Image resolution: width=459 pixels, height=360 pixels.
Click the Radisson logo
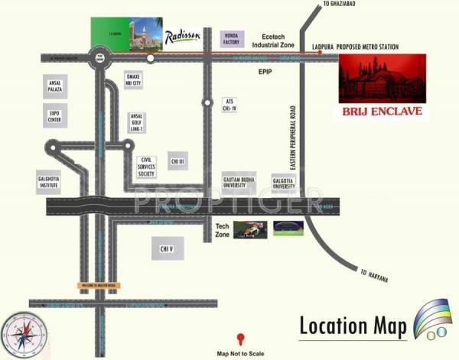[x=182, y=35]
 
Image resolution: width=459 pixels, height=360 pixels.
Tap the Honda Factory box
[x=232, y=39]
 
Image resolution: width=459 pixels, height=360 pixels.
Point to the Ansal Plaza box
[x=54, y=87]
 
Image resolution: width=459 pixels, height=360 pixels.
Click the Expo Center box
[x=54, y=116]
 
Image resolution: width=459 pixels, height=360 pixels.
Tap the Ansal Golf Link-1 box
[x=138, y=122]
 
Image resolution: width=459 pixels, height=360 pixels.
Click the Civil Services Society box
[x=146, y=167]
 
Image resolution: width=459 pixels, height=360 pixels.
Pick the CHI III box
[x=178, y=161]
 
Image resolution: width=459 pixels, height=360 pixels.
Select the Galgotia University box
[x=285, y=182]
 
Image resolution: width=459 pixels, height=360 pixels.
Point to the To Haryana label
[x=374, y=275]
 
